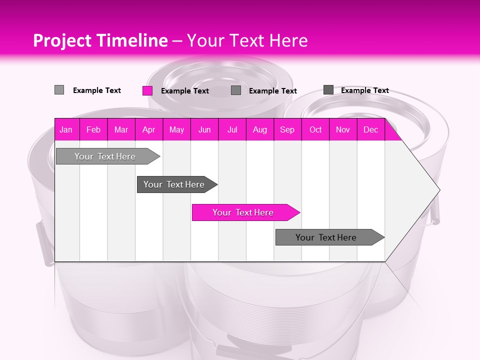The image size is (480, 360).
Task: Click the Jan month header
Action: (66, 129)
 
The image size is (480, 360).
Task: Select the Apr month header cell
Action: (149, 129)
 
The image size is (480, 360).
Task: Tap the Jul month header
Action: (232, 129)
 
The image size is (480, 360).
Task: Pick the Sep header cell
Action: (287, 129)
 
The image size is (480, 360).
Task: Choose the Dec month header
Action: (371, 129)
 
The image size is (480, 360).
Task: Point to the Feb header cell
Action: (93, 129)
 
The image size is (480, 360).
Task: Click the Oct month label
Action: (315, 129)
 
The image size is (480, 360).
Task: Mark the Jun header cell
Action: (204, 129)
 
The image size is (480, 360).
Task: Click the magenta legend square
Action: (147, 90)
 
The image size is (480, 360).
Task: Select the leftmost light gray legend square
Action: (59, 90)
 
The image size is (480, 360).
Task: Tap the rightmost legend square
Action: (328, 90)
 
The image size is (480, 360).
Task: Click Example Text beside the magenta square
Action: (185, 91)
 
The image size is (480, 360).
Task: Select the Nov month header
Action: (343, 129)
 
